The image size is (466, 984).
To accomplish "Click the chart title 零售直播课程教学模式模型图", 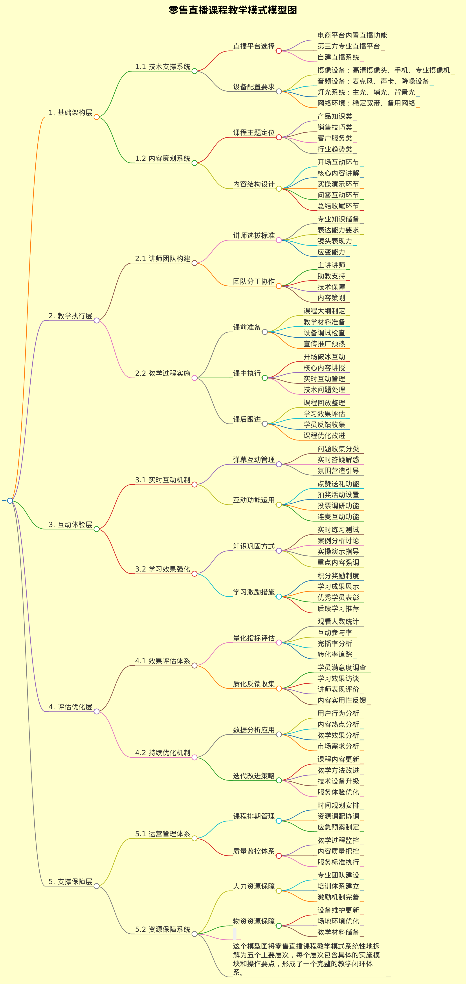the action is [233, 10].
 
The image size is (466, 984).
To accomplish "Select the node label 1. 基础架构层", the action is [71, 113].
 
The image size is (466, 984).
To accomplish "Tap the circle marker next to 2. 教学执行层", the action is [97, 320].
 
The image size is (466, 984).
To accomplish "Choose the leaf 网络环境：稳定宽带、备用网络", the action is [366, 103].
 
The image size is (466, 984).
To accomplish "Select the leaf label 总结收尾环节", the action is [338, 206].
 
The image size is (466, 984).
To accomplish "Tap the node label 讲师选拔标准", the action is [254, 236].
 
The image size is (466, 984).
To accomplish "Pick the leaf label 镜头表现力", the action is [335, 241].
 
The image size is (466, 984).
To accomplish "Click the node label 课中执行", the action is [247, 374].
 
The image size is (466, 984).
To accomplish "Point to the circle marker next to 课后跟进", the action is [265, 424].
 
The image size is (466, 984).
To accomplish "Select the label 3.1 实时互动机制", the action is [163, 480].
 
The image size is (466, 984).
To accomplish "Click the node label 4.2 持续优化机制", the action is [163, 753].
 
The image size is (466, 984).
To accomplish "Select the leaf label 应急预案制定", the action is [338, 827].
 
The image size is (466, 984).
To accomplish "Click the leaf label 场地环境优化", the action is [338, 921].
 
